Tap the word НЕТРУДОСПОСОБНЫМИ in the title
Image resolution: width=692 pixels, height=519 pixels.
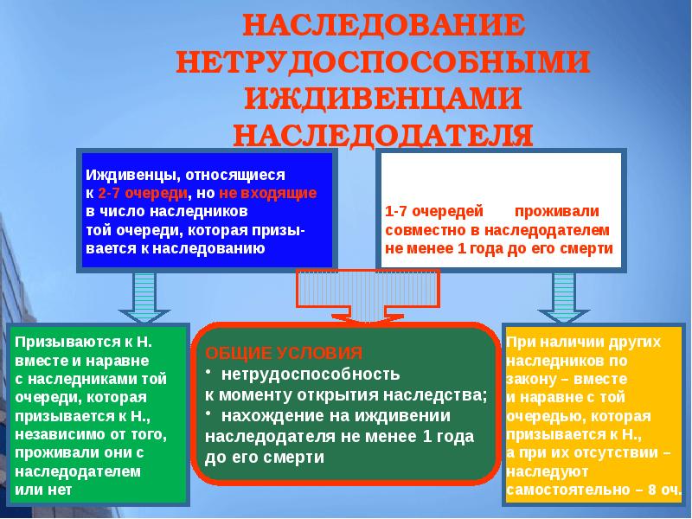383,61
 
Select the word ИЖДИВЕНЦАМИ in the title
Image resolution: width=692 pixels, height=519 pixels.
383,98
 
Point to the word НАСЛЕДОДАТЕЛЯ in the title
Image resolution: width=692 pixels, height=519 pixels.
383,134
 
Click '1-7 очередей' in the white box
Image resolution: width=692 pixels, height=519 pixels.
420,212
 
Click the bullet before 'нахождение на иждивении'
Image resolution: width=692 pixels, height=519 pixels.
208,415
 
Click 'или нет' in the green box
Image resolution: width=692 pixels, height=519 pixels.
43,490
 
